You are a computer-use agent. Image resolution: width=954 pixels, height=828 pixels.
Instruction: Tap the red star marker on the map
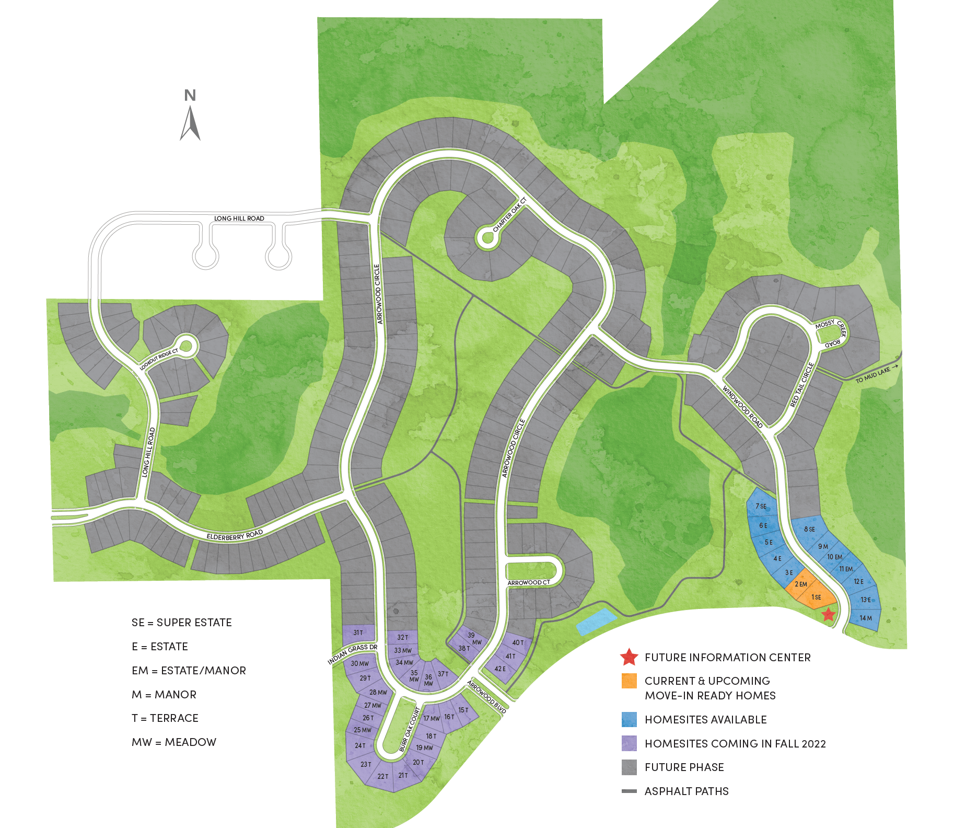point(829,614)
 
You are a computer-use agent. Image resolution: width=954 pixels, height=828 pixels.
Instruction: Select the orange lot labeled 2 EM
point(800,584)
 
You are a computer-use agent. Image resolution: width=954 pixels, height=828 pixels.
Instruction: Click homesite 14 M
point(865,618)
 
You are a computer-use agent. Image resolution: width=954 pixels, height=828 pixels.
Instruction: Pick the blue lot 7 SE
point(761,506)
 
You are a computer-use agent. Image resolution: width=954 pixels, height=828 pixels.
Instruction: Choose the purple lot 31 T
point(358,632)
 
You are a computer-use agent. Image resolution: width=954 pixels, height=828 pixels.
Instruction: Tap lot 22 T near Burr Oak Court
point(383,776)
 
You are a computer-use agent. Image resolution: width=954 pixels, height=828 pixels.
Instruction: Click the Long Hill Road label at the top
point(239,218)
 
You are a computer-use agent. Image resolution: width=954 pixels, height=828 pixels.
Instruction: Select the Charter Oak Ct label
point(509,215)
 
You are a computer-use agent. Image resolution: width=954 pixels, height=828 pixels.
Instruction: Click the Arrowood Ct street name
point(529,582)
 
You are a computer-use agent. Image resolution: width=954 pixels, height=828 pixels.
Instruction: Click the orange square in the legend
point(629,681)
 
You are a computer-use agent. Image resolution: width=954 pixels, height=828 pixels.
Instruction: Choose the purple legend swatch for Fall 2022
point(629,743)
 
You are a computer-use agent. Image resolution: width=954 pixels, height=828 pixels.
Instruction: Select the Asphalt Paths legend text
point(687,791)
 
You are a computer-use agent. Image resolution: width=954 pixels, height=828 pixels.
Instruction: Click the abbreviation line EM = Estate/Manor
point(189,671)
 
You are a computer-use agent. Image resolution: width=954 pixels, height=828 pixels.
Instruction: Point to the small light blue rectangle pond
point(596,621)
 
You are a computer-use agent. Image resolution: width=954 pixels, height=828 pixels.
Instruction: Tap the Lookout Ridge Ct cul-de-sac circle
point(187,346)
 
